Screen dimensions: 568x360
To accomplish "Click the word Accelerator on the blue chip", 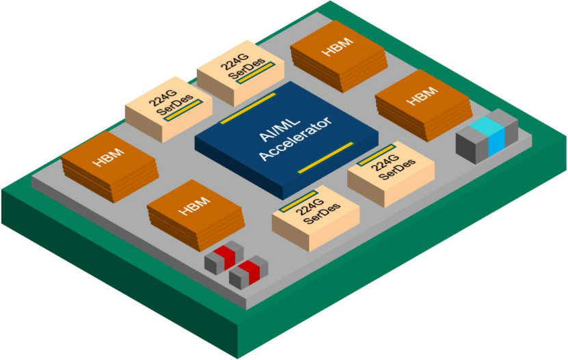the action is (x=295, y=139).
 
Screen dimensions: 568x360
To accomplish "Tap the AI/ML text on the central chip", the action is (x=279, y=129).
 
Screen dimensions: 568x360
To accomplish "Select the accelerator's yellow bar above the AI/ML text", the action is (x=248, y=109).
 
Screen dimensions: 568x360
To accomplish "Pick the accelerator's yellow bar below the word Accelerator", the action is (x=325, y=158).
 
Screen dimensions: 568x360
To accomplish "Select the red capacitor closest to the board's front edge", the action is (x=249, y=272).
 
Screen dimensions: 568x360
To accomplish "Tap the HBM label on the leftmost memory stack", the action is (x=108, y=158).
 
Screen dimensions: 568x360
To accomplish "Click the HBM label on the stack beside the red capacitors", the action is (x=195, y=206).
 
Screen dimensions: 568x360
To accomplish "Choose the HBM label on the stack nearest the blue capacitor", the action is (x=422, y=96).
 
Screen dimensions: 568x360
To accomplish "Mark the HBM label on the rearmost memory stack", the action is (x=337, y=46).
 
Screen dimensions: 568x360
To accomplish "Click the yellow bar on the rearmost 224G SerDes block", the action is (x=256, y=73).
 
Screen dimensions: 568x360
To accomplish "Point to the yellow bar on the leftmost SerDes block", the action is (x=183, y=110).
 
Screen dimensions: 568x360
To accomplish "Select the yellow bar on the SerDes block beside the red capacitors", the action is (x=299, y=201).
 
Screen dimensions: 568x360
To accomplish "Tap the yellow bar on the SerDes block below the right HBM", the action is (x=376, y=155).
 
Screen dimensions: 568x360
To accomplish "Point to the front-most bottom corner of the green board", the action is (x=238, y=359).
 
